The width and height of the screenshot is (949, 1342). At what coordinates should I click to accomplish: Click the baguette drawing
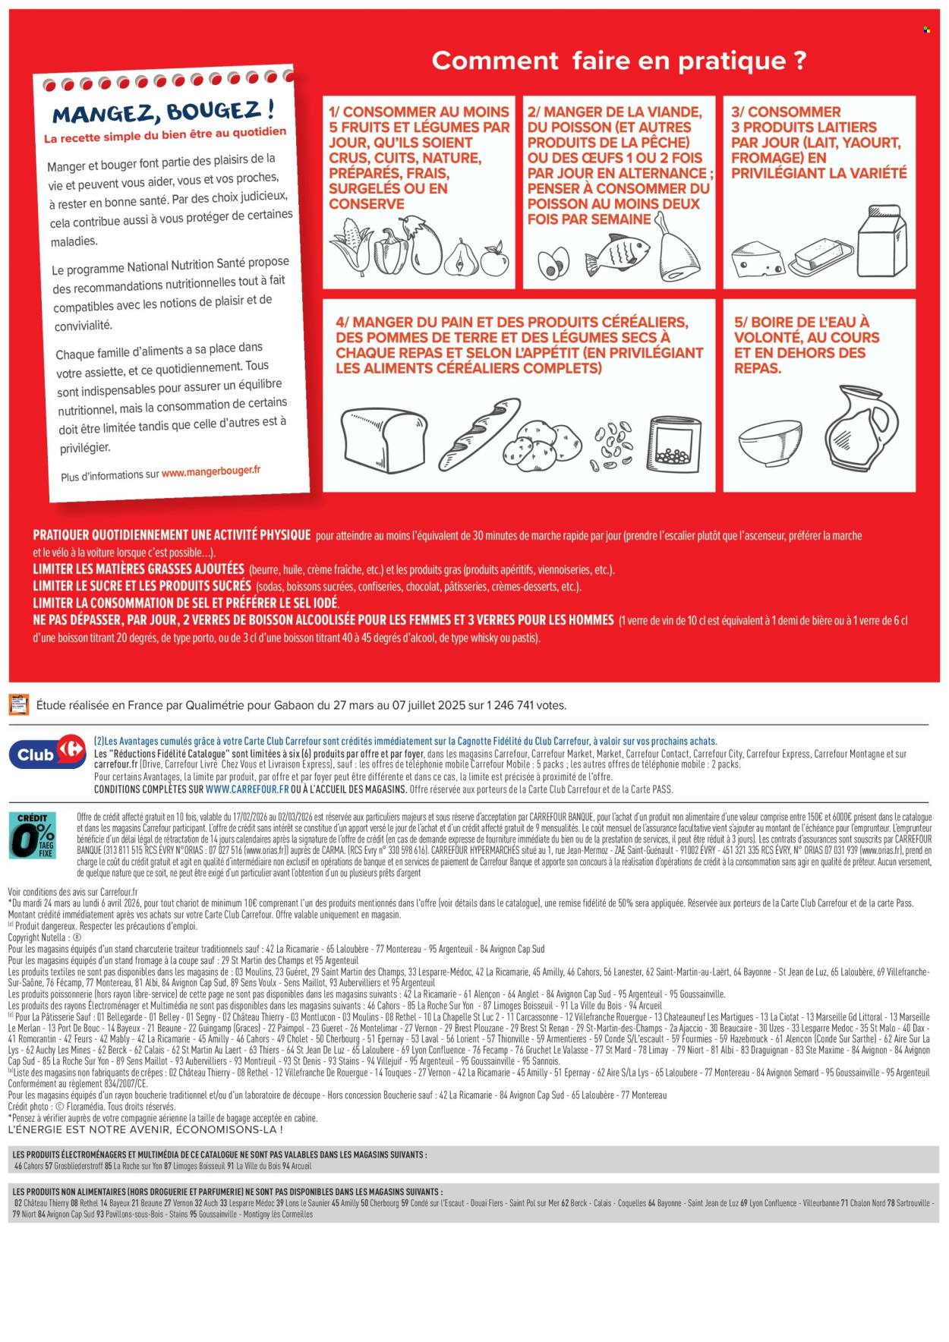479,433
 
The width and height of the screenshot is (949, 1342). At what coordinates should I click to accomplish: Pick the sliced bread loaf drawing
384,440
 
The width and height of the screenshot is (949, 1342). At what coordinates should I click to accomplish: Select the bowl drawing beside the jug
770,443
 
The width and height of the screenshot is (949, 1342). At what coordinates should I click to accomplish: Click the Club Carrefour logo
47,752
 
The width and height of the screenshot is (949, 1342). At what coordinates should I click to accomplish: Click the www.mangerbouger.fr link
210,471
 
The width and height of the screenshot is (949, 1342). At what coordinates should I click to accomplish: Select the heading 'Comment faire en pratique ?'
619,60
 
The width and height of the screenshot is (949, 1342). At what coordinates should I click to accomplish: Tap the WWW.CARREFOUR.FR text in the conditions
247,789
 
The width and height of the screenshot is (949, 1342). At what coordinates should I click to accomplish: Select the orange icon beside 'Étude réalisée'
18,704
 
